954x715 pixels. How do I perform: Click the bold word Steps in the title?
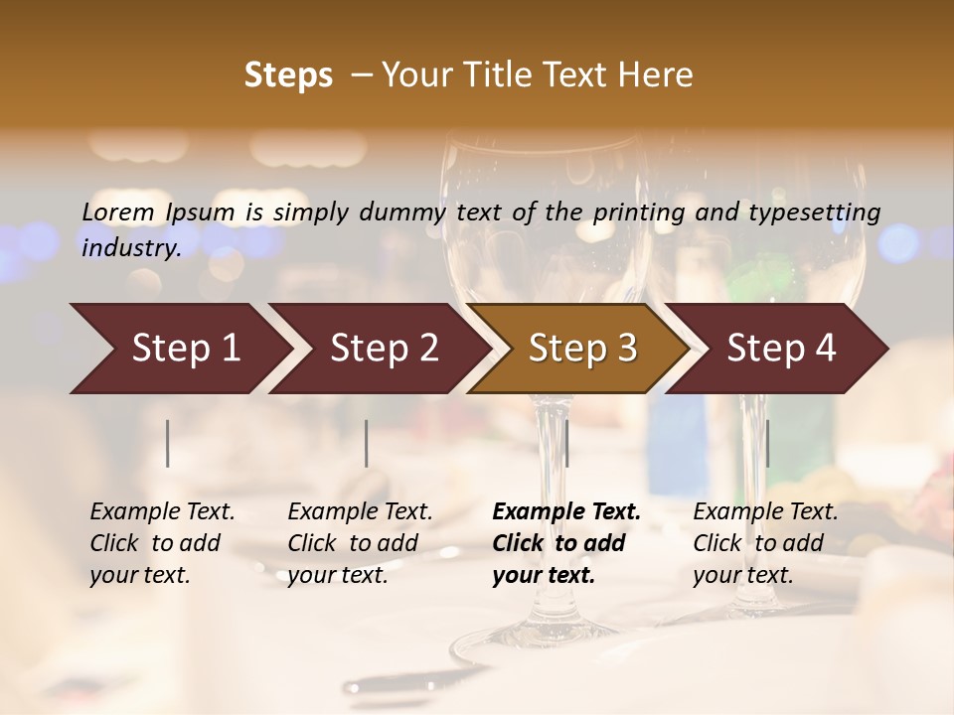[x=288, y=75]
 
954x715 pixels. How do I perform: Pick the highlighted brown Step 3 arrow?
[x=580, y=349]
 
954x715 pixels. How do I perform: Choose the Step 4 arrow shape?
[x=779, y=349]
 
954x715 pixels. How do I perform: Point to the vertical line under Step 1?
[x=168, y=443]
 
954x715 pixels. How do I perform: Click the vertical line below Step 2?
[x=367, y=443]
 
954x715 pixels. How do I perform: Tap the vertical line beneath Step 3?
[x=566, y=443]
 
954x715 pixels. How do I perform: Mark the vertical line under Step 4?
[x=768, y=443]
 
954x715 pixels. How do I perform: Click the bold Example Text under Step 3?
[x=566, y=512]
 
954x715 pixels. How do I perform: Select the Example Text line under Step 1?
[x=162, y=512]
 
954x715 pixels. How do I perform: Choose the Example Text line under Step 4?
[x=765, y=512]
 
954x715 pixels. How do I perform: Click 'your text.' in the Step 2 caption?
[x=337, y=576]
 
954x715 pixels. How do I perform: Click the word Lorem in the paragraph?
[x=118, y=212]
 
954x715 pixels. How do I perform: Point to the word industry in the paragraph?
[x=130, y=247]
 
